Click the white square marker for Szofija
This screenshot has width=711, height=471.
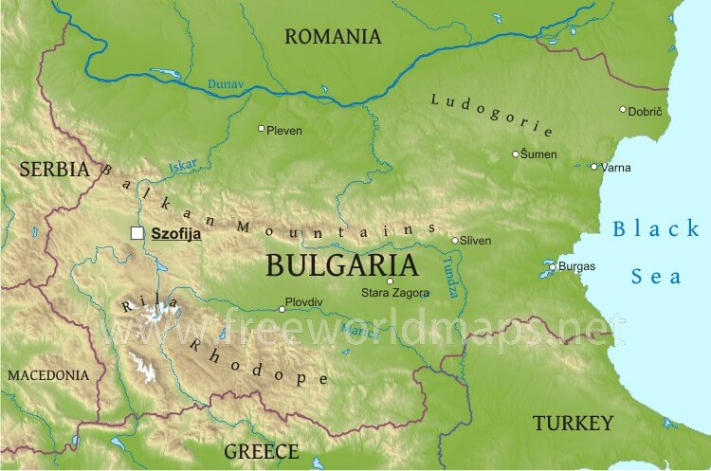click(137, 232)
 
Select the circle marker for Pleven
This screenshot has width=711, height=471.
click(262, 128)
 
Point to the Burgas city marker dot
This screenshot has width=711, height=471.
click(553, 266)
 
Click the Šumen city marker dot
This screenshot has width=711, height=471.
click(516, 154)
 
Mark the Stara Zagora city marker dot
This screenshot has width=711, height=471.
click(390, 281)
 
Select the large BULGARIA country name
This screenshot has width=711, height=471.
click(341, 264)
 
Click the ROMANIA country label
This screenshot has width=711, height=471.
click(333, 37)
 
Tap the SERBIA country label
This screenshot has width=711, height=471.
click(54, 170)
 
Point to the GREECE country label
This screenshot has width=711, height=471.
click(261, 451)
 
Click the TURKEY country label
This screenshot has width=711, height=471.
click(573, 423)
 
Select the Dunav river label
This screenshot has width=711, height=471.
click(226, 85)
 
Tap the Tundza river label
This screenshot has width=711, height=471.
click(449, 279)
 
